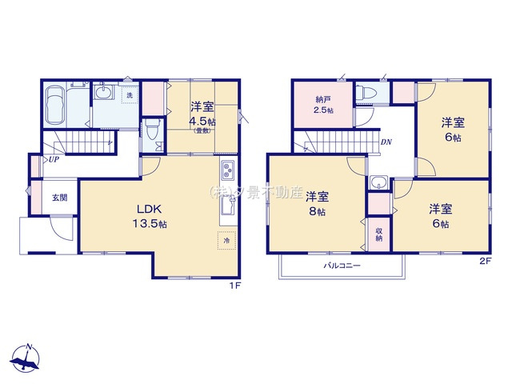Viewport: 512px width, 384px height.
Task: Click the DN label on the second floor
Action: click(386, 142)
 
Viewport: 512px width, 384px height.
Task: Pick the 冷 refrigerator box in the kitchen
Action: click(226, 240)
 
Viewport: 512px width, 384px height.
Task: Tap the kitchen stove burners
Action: click(227, 171)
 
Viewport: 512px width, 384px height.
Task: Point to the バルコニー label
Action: click(342, 265)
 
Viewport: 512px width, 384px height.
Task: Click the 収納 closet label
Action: click(379, 233)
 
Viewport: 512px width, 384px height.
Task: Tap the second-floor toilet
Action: click(369, 94)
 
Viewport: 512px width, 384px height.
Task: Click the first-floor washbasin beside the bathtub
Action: click(104, 95)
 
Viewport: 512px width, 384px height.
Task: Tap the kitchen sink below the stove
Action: click(227, 204)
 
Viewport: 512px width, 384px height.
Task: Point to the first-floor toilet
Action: click(151, 131)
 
